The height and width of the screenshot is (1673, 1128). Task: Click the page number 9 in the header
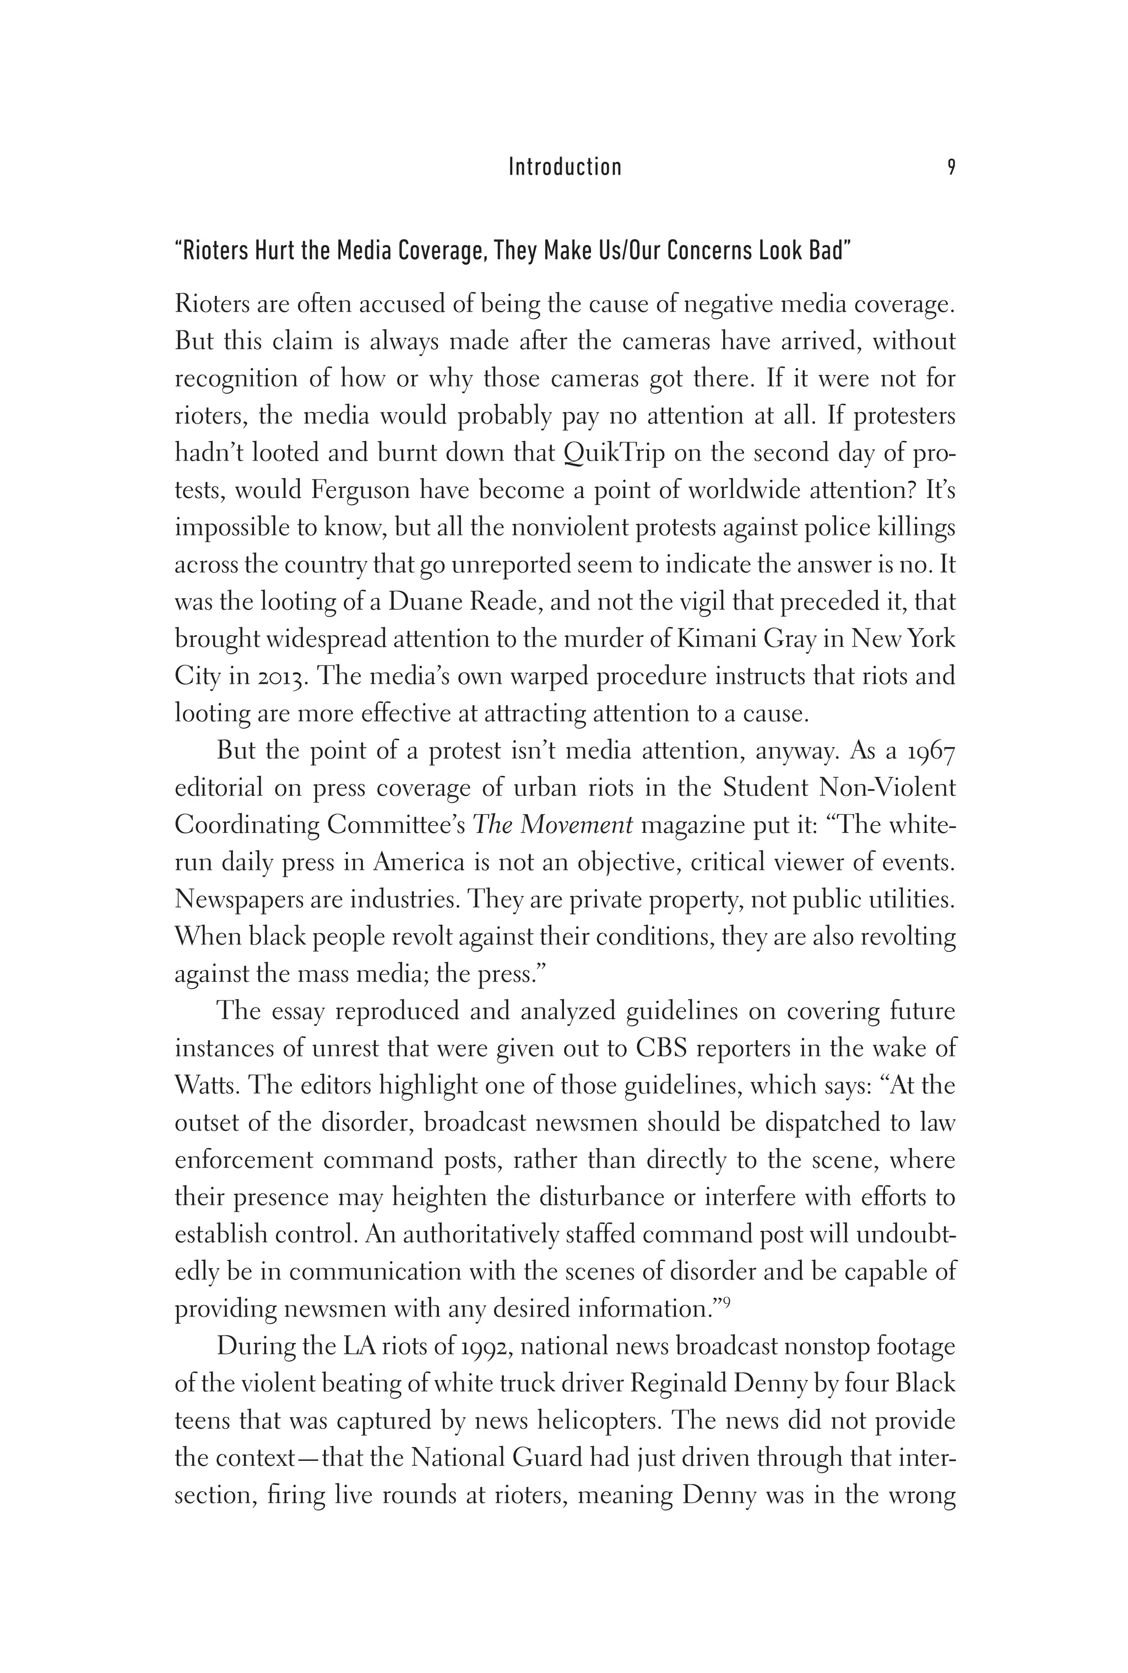951,167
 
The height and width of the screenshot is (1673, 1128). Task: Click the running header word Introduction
565,167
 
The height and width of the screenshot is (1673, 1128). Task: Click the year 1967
930,751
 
